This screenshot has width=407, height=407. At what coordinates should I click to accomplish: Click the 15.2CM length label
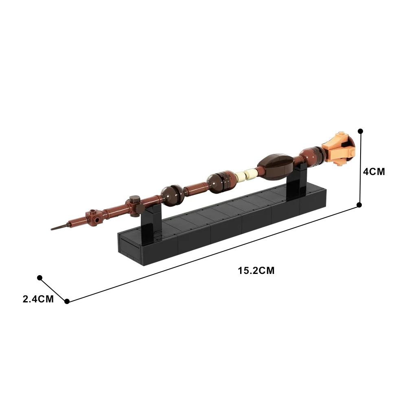256,270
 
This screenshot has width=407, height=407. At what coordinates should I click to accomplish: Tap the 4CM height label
374,172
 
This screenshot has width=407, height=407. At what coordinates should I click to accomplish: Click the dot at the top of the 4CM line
360,131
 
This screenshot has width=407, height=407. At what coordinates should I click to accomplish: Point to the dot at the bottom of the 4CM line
359,205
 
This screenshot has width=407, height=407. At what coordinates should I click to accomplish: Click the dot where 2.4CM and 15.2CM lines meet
67,301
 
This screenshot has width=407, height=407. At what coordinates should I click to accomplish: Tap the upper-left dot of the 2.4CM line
40,278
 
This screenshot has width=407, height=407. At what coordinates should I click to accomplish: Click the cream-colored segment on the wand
245,175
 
